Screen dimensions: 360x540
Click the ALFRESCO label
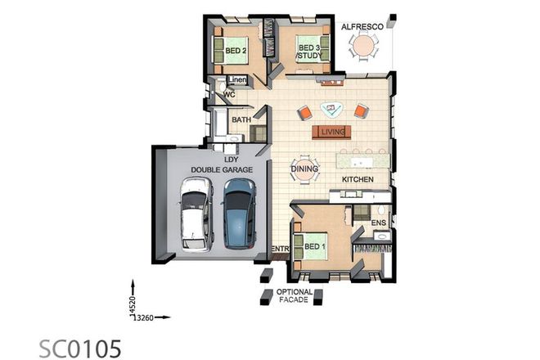coord(362,27)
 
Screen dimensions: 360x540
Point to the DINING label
coord(304,169)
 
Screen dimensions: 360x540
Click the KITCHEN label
coord(358,178)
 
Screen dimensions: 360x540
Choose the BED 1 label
coord(316,246)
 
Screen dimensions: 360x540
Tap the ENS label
coord(379,222)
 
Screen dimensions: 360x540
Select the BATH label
coord(241,120)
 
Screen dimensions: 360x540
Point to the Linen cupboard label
coord(237,79)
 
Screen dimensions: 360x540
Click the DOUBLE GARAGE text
coord(222,169)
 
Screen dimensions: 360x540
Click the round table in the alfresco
coord(362,49)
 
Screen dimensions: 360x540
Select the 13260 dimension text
coord(145,317)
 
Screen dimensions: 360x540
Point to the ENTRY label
coord(281,248)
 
